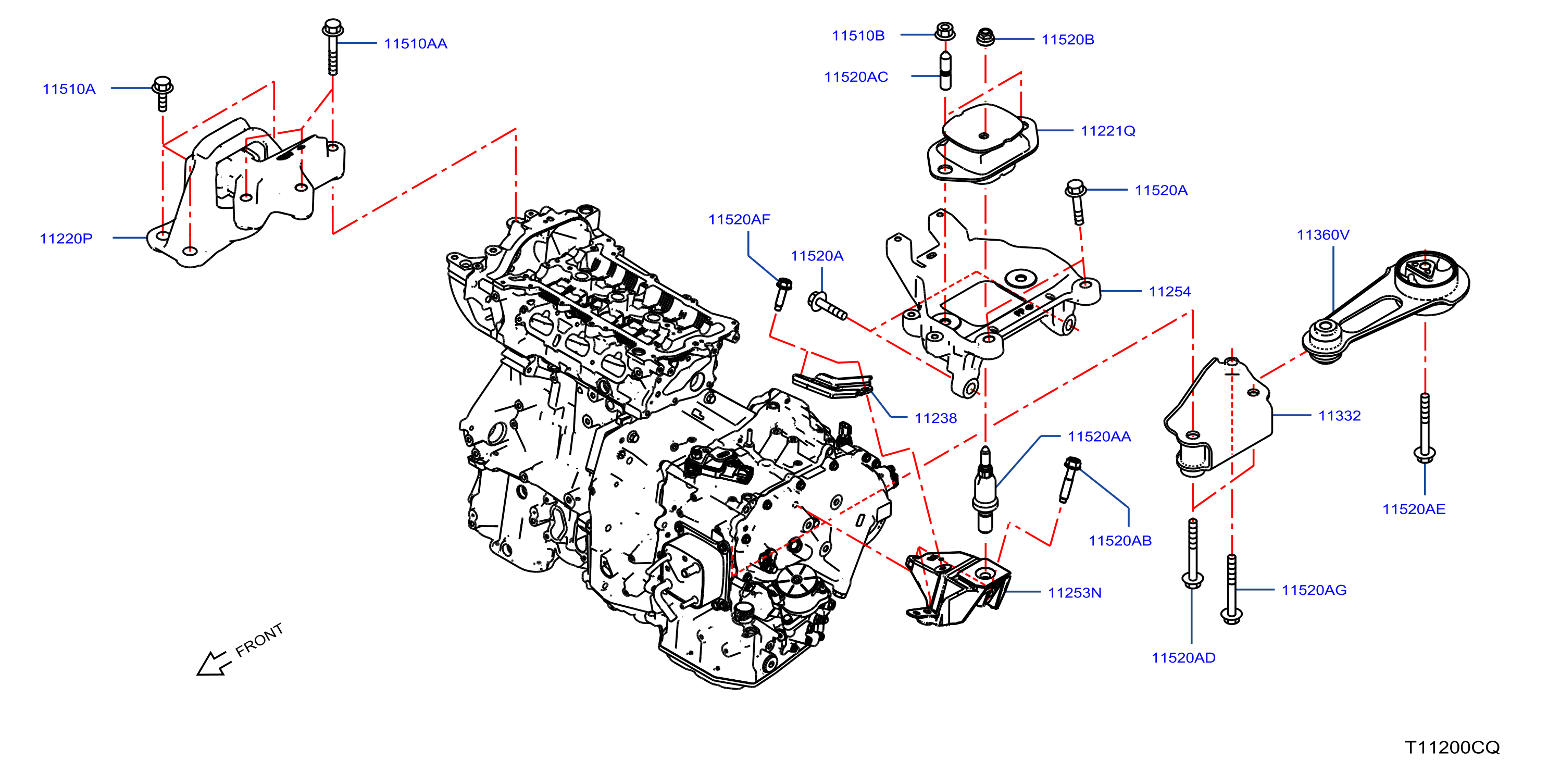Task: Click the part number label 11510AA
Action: click(416, 44)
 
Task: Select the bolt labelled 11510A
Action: click(163, 94)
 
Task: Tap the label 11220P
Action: click(66, 239)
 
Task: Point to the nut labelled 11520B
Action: click(985, 37)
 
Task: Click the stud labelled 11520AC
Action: click(945, 71)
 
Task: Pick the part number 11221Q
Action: click(1107, 131)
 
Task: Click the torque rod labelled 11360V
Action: click(1386, 306)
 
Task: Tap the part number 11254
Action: click(1169, 291)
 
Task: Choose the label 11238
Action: click(935, 418)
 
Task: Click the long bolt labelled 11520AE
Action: click(1425, 428)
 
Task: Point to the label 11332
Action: click(1339, 416)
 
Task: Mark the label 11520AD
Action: click(1183, 657)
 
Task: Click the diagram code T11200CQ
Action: click(1452, 747)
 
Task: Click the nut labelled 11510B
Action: click(945, 31)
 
